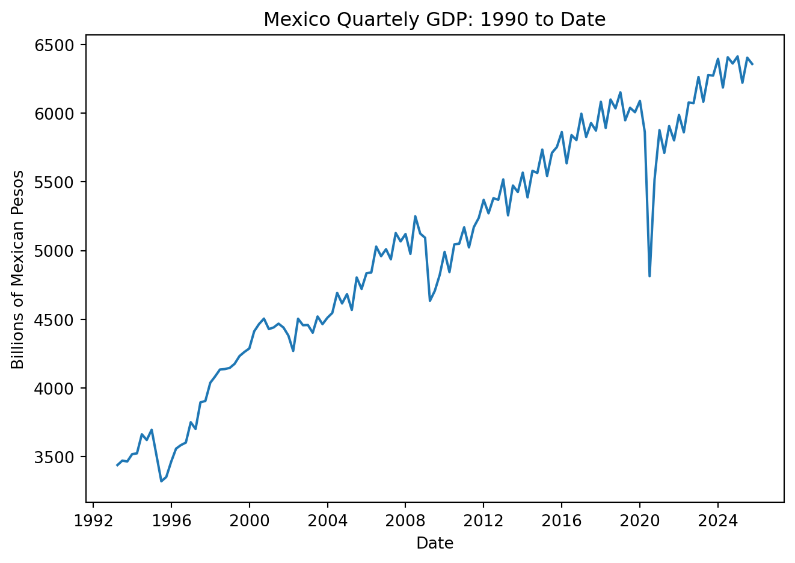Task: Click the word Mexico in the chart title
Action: click(x=296, y=19)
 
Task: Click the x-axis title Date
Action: click(x=435, y=543)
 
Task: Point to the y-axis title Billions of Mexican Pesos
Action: click(x=17, y=269)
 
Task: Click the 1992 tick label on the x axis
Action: click(x=93, y=521)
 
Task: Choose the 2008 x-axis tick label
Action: click(x=405, y=521)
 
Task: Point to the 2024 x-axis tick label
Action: click(x=717, y=521)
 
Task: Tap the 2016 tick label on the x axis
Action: click(x=562, y=521)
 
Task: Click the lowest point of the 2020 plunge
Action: click(x=649, y=276)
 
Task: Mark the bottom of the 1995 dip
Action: click(x=161, y=481)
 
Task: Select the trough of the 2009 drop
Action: click(x=430, y=301)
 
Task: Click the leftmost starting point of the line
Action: click(x=117, y=466)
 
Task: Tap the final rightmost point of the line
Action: click(x=752, y=64)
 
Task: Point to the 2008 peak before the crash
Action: click(x=415, y=216)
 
